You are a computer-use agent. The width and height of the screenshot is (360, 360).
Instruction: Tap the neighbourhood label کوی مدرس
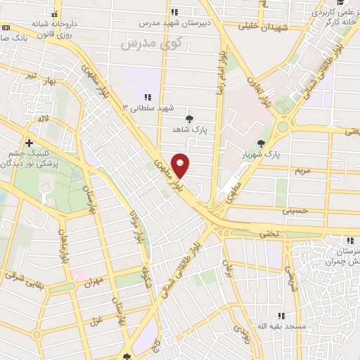[x=151, y=43]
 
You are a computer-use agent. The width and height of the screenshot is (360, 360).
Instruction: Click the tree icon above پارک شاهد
[x=188, y=118]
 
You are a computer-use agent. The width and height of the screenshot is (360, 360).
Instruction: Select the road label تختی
[x=268, y=233]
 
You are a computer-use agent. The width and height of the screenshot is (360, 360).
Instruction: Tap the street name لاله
[x=44, y=120]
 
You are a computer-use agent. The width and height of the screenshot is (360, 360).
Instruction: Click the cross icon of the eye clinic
[x=28, y=142]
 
